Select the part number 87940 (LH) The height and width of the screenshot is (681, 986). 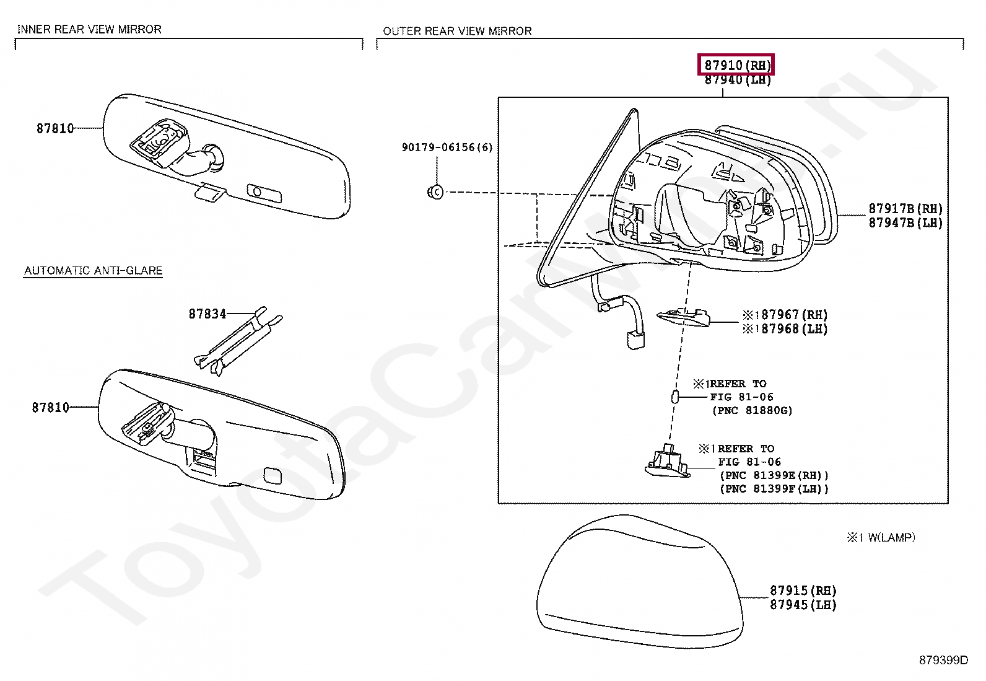(x=737, y=80)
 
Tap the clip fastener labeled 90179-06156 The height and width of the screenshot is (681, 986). (x=435, y=192)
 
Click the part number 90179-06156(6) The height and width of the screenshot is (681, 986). (x=447, y=147)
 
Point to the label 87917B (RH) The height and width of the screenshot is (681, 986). (x=905, y=209)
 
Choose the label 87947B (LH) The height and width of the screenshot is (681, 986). (x=905, y=223)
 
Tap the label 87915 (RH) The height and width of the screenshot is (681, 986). (x=803, y=591)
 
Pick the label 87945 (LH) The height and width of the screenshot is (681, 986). (x=803, y=605)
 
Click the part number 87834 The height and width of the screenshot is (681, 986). (x=207, y=314)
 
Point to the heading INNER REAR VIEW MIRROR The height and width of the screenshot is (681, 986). (x=89, y=29)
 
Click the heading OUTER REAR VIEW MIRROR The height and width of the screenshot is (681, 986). (x=457, y=30)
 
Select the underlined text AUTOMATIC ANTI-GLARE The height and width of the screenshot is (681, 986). (x=93, y=270)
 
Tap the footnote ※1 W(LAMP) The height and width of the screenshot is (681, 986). (x=881, y=537)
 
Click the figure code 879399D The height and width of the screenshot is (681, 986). (x=943, y=660)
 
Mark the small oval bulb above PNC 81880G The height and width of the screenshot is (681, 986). (x=675, y=397)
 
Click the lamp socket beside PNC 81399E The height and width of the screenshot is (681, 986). (x=668, y=462)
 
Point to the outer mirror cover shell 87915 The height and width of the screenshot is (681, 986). (x=638, y=582)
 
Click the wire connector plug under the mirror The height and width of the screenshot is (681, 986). (x=634, y=340)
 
